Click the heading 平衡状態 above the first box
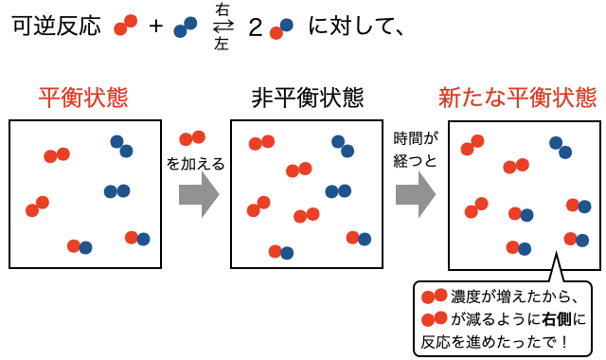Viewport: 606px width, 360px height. (82, 98)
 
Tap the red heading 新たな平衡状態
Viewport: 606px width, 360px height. (517, 98)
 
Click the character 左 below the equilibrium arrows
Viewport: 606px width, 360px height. (222, 44)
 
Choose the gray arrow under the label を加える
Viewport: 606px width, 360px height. (198, 195)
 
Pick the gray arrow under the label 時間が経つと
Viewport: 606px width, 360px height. (415, 195)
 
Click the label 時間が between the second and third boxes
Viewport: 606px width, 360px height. (416, 139)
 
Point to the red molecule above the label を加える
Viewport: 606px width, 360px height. (192, 138)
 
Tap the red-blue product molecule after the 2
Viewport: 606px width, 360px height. (280, 29)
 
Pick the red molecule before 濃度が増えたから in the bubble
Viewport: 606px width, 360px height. (434, 297)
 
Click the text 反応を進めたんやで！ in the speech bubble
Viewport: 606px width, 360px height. (492, 340)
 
